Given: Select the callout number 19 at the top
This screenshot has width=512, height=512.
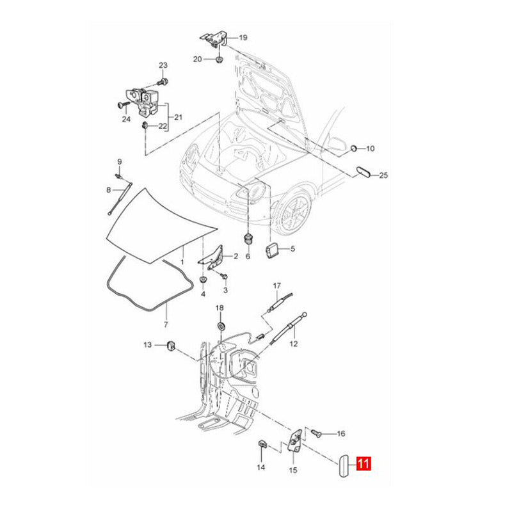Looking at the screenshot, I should click(x=243, y=38).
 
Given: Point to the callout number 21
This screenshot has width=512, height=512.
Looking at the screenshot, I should click(x=179, y=116).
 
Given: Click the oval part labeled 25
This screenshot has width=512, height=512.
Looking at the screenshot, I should click(x=362, y=173).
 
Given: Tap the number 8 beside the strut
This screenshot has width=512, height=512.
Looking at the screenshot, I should click(x=109, y=189).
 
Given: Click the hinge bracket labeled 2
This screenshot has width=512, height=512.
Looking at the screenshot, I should click(x=214, y=256).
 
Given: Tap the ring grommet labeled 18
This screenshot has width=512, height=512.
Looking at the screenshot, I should click(x=220, y=326).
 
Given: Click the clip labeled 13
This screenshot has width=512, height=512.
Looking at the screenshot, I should click(x=171, y=346).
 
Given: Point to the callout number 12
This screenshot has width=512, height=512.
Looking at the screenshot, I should click(x=293, y=344).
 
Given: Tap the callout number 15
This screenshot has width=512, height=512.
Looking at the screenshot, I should click(x=293, y=470).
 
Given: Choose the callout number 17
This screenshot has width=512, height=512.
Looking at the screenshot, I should click(x=277, y=285).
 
